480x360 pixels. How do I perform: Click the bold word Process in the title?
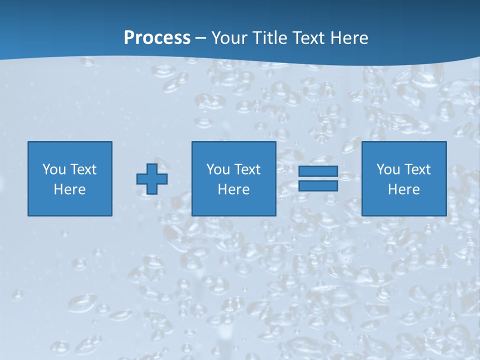click(157, 38)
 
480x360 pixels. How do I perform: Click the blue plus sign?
click(152, 179)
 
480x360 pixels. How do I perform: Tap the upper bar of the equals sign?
click(318, 171)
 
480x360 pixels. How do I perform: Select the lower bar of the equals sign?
click(318, 185)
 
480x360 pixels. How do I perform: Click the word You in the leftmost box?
click(54, 169)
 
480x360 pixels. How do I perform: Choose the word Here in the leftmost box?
click(69, 189)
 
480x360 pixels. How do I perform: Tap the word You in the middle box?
click(218, 169)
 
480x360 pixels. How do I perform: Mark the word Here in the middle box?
click(233, 189)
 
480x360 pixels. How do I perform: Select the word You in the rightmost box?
click(388, 169)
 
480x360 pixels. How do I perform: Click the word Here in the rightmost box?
click(403, 189)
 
